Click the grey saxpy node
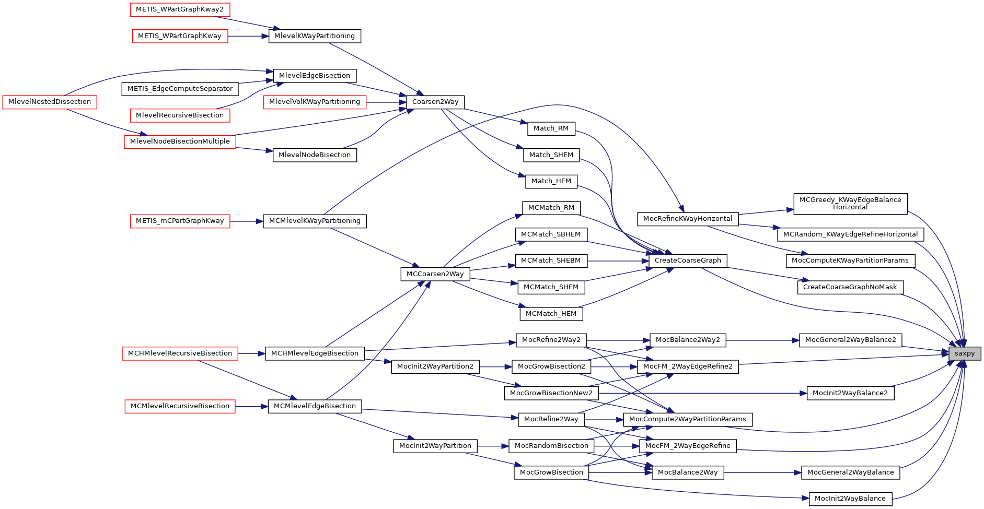pyautogui.click(x=964, y=353)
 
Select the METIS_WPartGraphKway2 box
pyautogui.click(x=180, y=9)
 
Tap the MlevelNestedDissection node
pyautogui.click(x=50, y=102)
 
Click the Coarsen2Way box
pyautogui.click(x=435, y=102)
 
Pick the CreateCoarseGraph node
pyautogui.click(x=687, y=261)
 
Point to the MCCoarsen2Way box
pyautogui.click(x=435, y=274)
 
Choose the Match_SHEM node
pyautogui.click(x=551, y=155)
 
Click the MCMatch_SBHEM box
pyautogui.click(x=551, y=234)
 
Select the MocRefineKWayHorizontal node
pyautogui.click(x=687, y=219)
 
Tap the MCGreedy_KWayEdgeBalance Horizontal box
pyautogui.click(x=850, y=204)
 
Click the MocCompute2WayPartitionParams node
pyautogui.click(x=687, y=419)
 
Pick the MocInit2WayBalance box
pyautogui.click(x=850, y=499)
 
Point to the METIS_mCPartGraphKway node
pyautogui.click(x=180, y=221)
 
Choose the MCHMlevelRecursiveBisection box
pyautogui.click(x=180, y=353)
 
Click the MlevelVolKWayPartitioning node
pyautogui.click(x=315, y=102)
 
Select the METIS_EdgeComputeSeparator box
pyautogui.click(x=180, y=89)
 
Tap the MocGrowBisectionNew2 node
pyautogui.click(x=551, y=393)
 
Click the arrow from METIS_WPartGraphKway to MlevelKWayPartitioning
pyautogui.click(x=248, y=36)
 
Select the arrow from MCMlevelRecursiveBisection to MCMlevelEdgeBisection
pyautogui.click(x=251, y=406)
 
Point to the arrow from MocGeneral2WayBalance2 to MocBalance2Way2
pyautogui.click(x=763, y=340)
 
